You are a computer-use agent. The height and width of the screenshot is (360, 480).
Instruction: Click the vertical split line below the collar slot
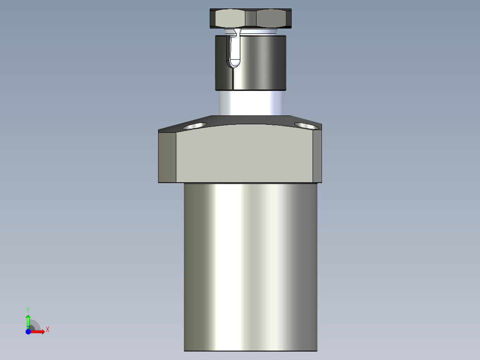tap(232, 78)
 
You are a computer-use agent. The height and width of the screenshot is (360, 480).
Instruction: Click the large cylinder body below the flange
tap(251, 267)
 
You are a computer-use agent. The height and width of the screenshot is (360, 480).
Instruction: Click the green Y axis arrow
tap(28, 320)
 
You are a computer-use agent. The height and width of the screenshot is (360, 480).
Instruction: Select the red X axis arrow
tap(38, 331)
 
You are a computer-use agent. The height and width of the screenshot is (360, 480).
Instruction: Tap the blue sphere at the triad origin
tap(28, 331)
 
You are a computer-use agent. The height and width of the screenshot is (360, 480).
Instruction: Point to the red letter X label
tap(47, 330)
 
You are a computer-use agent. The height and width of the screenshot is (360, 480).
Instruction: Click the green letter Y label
tap(28, 309)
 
